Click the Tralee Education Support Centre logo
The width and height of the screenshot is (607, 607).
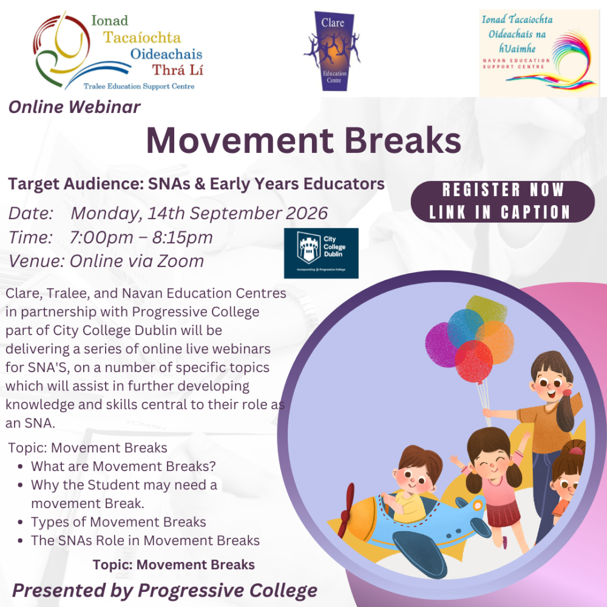pyautogui.click(x=118, y=52)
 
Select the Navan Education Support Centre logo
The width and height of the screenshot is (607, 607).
pyautogui.click(x=539, y=53)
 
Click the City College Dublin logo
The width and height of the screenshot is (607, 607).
pyautogui.click(x=321, y=253)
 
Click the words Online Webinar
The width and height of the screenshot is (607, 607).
pyautogui.click(x=74, y=107)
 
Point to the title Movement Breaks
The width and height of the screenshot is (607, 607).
pyautogui.click(x=303, y=140)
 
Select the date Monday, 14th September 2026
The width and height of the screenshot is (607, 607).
pyautogui.click(x=199, y=214)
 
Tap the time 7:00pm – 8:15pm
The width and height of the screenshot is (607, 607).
pyautogui.click(x=141, y=237)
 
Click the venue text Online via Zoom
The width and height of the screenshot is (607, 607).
pyautogui.click(x=137, y=261)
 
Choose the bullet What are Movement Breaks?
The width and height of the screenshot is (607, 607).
pyautogui.click(x=123, y=466)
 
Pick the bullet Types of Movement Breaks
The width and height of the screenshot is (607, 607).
pyautogui.click(x=118, y=522)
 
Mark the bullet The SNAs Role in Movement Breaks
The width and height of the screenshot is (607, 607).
pyautogui.click(x=145, y=540)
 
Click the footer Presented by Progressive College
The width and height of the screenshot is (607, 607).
pyautogui.click(x=164, y=590)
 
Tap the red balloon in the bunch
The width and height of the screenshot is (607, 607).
pyautogui.click(x=474, y=362)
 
